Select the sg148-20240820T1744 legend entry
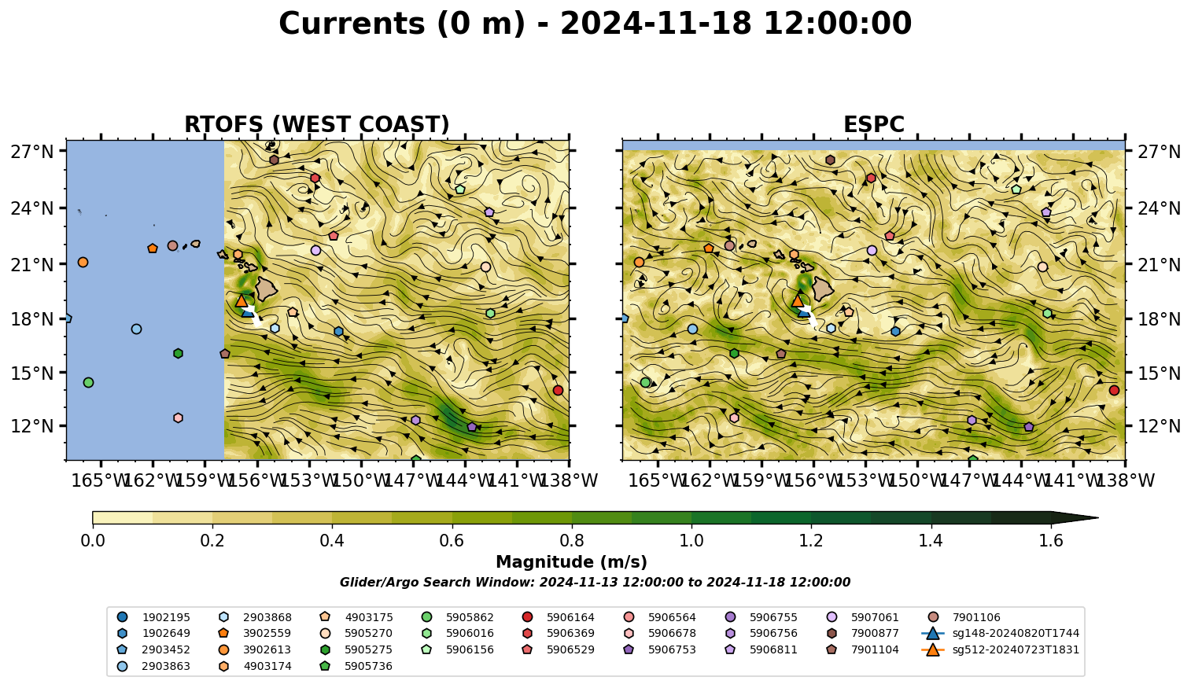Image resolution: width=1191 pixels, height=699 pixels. pos(1000,633)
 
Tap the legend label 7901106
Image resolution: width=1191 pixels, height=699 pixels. pos(976,617)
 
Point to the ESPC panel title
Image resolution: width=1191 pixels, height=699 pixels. pos(873,124)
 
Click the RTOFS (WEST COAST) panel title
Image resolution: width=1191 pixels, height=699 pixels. pos(317,124)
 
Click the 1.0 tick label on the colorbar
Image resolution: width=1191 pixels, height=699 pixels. pos(691,541)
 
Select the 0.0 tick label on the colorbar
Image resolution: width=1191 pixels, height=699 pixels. pos(93,541)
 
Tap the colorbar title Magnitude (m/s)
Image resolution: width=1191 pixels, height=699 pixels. pos(572,562)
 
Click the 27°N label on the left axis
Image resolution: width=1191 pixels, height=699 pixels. pos(32,152)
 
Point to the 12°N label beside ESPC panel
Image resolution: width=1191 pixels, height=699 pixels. pos(1158,426)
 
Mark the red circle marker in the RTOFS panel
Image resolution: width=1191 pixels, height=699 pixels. pos(558,390)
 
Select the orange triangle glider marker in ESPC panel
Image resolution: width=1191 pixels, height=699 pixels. pos(798,301)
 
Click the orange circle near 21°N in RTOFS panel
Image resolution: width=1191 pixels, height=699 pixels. pos(83,262)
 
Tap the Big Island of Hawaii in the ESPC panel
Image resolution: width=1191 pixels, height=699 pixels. pos(823,289)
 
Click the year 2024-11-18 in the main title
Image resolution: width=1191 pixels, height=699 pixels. pos(656,24)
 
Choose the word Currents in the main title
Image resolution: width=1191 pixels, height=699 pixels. pos(352,24)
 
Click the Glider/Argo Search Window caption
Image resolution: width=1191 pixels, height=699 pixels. pos(595,582)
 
